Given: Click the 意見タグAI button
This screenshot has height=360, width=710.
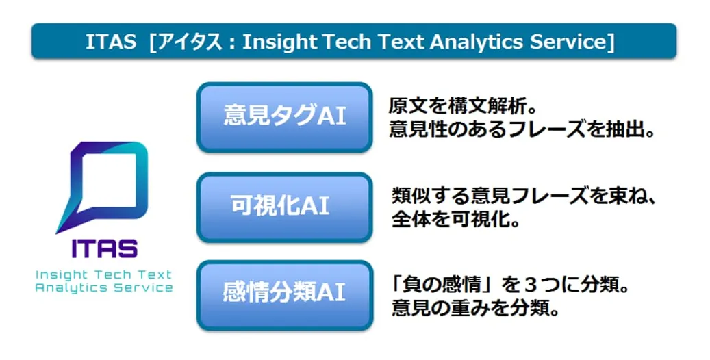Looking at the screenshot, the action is (284, 117).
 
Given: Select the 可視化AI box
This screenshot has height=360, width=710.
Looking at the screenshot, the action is (284, 207).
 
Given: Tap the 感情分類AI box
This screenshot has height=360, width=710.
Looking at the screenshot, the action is (284, 295).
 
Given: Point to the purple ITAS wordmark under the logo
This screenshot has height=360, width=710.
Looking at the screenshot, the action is (104, 248).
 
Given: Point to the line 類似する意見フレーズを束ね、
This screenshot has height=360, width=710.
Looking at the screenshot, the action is (524, 196).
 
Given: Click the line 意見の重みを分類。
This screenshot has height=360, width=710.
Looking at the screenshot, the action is (475, 309).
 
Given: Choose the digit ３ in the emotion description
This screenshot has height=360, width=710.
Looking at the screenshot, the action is (533, 286).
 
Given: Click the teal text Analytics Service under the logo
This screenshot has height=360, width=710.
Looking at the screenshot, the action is (103, 288).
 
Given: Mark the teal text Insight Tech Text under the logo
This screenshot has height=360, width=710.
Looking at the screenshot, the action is (103, 274).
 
